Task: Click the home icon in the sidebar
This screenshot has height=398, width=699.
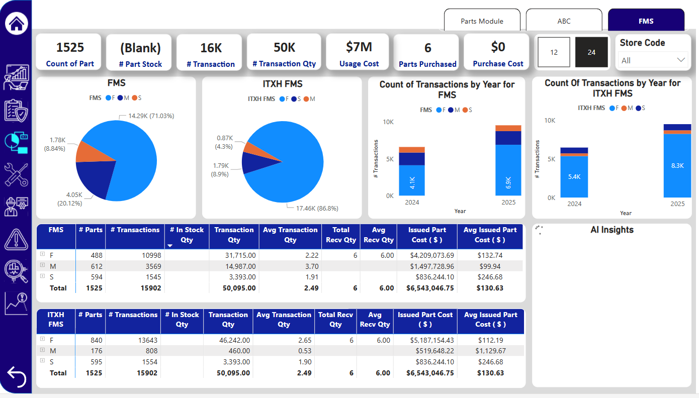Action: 16,23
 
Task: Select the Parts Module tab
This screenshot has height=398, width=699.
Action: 482,21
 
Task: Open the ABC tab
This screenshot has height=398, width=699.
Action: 564,21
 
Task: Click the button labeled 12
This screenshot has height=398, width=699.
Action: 554,52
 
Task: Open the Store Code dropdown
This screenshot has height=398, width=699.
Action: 653,60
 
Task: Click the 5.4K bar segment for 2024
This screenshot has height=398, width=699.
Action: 574,176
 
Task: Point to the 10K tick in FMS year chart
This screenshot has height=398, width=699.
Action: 388,122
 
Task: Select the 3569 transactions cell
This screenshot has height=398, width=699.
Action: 151,266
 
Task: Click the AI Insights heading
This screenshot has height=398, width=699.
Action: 611,230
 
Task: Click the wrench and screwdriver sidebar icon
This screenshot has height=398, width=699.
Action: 16,175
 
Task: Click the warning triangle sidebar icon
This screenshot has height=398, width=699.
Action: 16,238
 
